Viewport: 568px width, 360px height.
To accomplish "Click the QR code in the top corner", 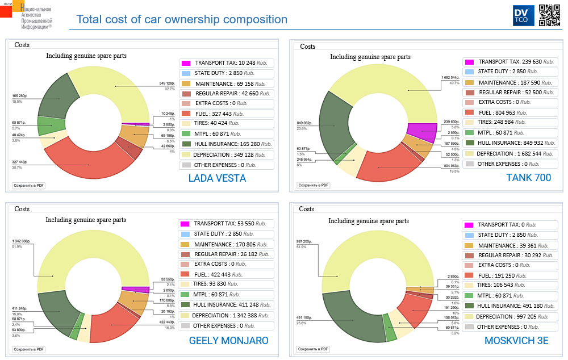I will [549, 15].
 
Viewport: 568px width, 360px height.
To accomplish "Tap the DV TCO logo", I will [520, 15].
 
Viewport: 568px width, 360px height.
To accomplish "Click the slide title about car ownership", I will [182, 19].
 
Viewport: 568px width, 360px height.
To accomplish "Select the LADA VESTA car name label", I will [217, 178].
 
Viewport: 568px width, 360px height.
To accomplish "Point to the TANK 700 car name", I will [528, 178].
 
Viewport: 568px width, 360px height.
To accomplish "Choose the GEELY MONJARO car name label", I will [228, 341].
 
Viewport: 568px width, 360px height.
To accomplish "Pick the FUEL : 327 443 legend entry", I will [226, 113].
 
